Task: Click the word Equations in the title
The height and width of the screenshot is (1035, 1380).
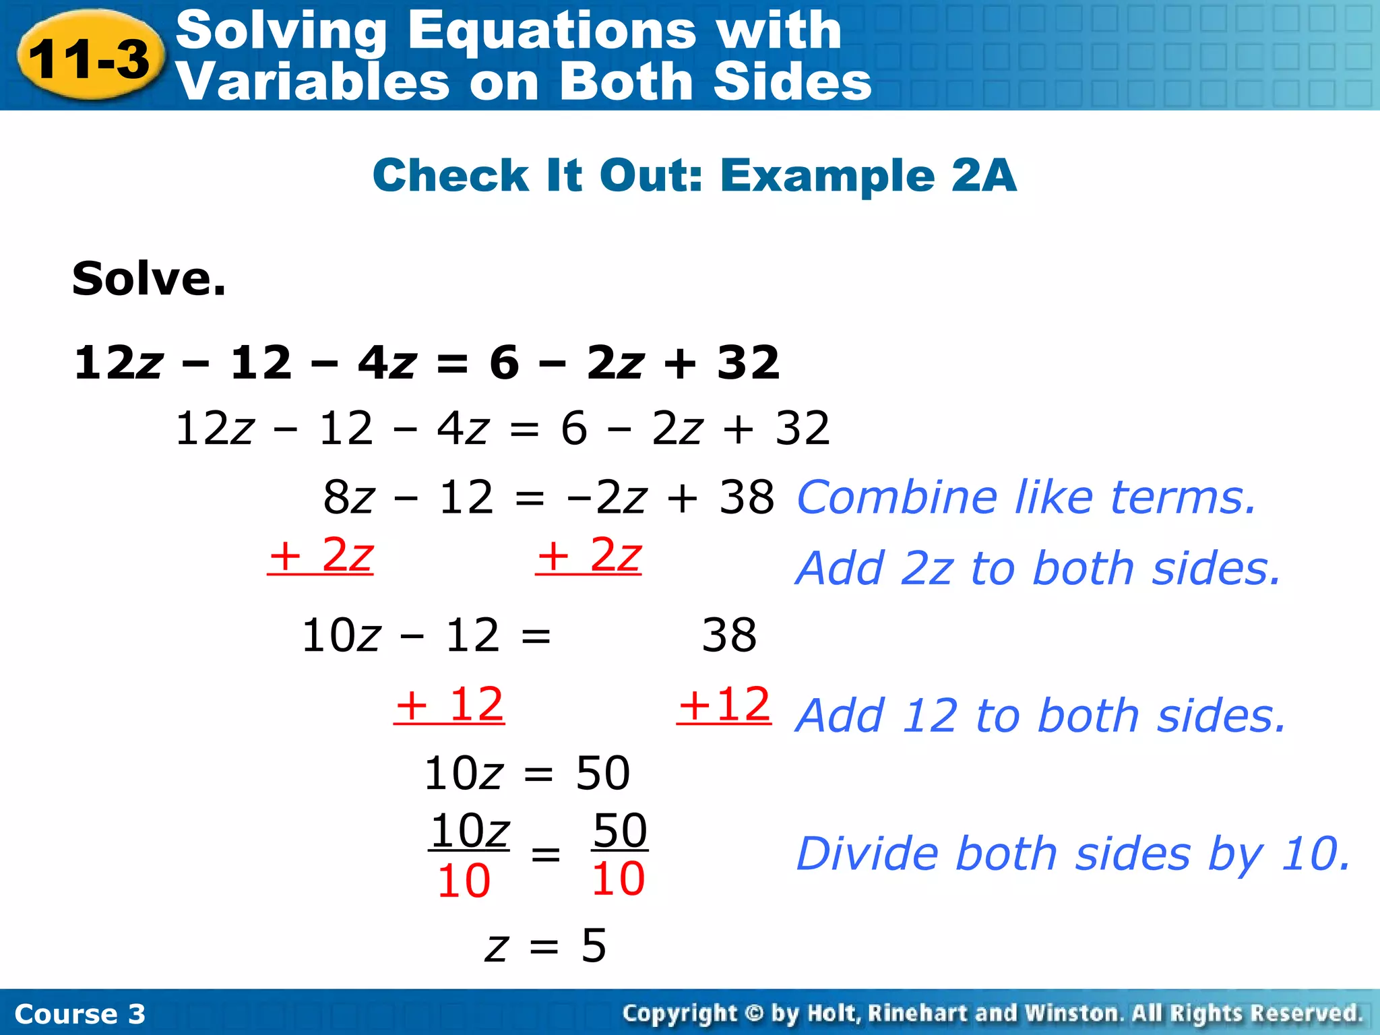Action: pos(551,31)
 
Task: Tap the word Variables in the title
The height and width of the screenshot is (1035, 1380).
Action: pos(311,82)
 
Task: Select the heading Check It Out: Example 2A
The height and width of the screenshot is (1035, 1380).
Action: pos(694,175)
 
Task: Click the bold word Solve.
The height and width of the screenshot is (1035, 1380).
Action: pos(149,278)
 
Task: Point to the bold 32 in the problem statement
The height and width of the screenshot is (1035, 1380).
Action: pos(748,363)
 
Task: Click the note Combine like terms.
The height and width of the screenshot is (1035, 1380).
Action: pos(1026,497)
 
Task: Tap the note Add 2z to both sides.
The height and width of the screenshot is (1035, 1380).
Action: pos(1038,568)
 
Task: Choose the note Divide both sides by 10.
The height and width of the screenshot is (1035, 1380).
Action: pos(1073,854)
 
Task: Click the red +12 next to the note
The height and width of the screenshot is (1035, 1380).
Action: pos(724,705)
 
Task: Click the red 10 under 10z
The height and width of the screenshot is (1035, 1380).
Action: pos(464,881)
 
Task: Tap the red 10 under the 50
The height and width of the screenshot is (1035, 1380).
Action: pos(619,879)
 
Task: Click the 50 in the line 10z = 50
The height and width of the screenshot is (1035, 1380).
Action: pos(603,773)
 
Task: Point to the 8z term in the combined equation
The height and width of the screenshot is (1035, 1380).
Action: pos(348,498)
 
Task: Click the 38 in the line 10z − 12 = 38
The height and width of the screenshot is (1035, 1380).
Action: pos(729,635)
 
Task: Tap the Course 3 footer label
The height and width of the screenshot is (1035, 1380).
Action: pos(80,1014)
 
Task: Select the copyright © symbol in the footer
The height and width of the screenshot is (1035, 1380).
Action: pos(754,1013)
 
